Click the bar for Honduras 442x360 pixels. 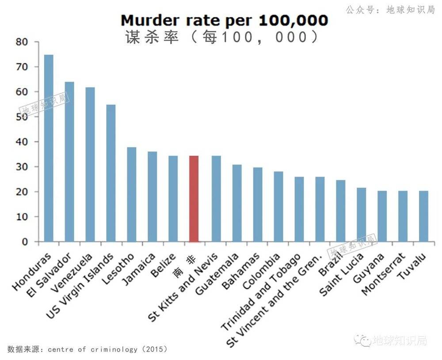[x=49, y=148]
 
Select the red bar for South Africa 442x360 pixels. [x=194, y=199]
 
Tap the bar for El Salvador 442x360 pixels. [x=69, y=162]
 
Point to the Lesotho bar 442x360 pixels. [x=131, y=194]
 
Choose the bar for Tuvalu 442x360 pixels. [x=423, y=216]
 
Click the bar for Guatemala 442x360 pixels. [x=237, y=203]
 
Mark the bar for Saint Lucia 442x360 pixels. [x=361, y=215]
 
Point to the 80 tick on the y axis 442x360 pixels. [x=22, y=42]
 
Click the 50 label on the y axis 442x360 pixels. [x=22, y=117]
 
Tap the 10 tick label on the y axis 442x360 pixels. [x=22, y=217]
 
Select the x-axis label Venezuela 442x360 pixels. [x=72, y=273]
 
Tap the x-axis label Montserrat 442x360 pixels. [x=383, y=274]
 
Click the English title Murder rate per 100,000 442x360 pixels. [x=225, y=20]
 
